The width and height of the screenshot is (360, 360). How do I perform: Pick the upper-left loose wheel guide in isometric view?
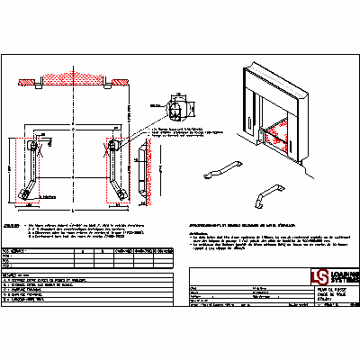point(221,170)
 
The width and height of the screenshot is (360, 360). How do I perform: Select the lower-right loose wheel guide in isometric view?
point(267,195)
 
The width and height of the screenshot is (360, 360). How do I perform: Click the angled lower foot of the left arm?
point(31,190)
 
